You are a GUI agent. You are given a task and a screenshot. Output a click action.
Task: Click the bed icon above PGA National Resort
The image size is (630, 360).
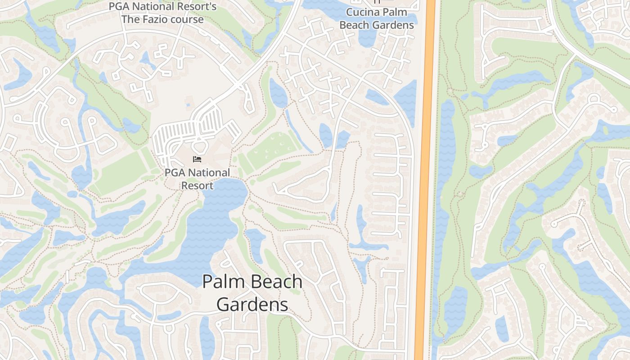(x=197, y=159)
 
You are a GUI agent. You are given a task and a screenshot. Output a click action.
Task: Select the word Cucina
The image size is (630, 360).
(x=361, y=12)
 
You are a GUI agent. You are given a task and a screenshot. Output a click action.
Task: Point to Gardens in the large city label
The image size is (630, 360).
(x=252, y=305)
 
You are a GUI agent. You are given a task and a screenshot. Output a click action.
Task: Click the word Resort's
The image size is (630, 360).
(x=196, y=7)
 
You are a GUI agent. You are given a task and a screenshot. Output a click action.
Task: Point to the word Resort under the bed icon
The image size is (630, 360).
(x=197, y=185)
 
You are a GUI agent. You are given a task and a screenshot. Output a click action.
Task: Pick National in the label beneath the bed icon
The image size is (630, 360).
(x=209, y=173)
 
